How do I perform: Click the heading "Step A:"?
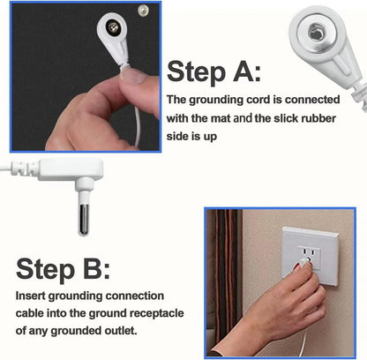tap(214, 71)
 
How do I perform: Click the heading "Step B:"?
tap(63, 269)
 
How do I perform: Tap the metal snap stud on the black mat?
tap(143, 11)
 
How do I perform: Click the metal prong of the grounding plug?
tap(84, 219)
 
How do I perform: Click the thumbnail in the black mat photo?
tap(133, 75)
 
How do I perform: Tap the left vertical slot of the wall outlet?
tap(304, 251)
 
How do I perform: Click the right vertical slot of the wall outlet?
tap(313, 252)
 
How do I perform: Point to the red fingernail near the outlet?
tap(297, 266)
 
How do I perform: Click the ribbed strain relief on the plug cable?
tap(22, 169)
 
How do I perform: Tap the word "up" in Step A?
tap(210, 137)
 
